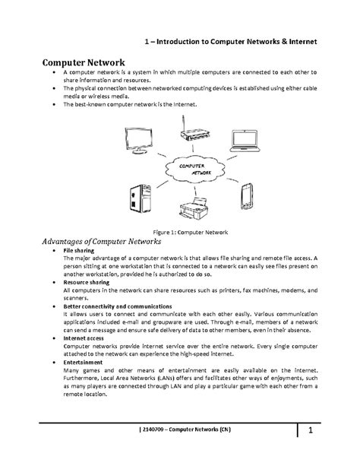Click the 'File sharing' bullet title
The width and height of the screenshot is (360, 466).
(79, 250)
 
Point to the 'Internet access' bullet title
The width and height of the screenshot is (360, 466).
(85, 337)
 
